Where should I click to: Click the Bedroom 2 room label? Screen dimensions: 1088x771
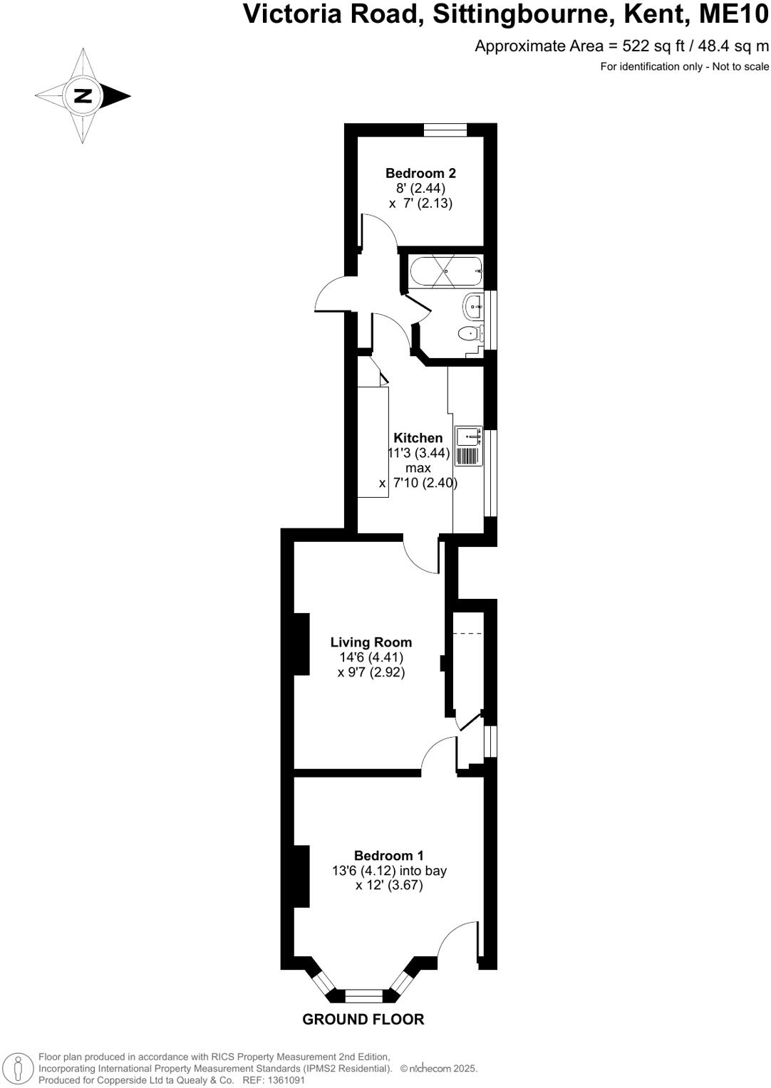tap(420, 173)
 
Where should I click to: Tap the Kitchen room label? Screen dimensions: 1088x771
tap(418, 438)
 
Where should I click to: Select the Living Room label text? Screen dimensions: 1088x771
tap(371, 642)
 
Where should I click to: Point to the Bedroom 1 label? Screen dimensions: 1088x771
tap(389, 855)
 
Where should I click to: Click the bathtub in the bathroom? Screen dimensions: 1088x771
tap(446, 271)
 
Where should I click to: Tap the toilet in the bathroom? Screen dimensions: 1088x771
tap(471, 333)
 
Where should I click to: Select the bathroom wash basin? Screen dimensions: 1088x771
tap(473, 307)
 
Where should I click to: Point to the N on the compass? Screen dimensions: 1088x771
tap(83, 95)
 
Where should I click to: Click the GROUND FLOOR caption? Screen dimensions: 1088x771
tap(363, 1020)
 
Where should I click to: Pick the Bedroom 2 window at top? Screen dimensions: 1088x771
tap(445, 129)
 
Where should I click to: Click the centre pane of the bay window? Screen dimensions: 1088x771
tap(364, 996)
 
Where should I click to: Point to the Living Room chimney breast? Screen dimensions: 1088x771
tap(301, 644)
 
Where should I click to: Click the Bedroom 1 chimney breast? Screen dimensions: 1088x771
tap(301, 876)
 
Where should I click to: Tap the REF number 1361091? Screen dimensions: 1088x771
tap(284, 1080)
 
